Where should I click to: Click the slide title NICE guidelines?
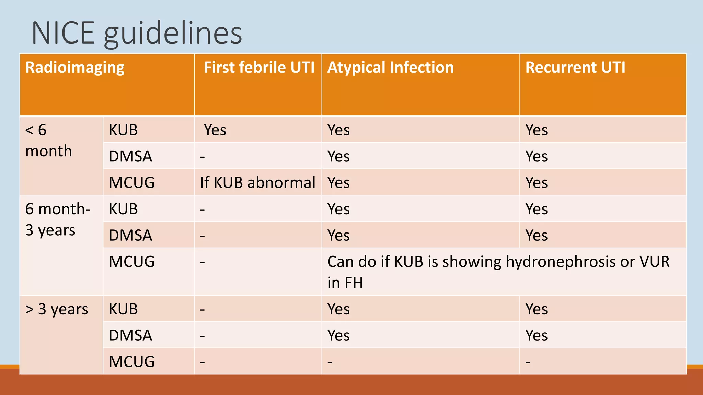(x=137, y=33)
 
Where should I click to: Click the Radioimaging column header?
(x=75, y=68)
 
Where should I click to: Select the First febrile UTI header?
(x=259, y=68)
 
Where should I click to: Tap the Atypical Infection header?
(x=390, y=68)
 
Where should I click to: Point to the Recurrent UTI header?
(x=575, y=68)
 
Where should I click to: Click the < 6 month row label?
(x=48, y=141)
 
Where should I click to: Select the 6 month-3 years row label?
(x=58, y=219)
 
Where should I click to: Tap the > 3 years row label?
(x=57, y=309)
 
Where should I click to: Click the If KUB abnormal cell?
(x=257, y=183)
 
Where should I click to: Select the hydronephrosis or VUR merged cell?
(x=498, y=272)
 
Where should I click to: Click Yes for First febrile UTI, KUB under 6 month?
(x=215, y=130)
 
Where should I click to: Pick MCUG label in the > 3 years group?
(x=131, y=362)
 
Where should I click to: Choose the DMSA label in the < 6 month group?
(x=130, y=157)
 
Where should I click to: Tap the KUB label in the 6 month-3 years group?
(x=123, y=209)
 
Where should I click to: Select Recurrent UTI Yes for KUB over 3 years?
(x=536, y=309)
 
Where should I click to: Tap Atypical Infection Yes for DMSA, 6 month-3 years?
(x=338, y=236)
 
